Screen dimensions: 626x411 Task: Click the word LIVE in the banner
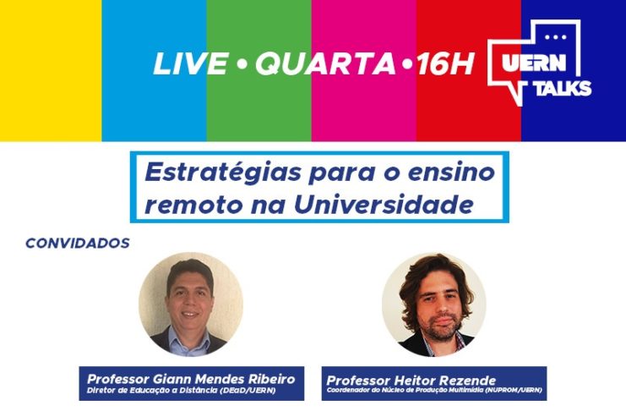191,63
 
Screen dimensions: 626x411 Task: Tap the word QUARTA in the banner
325,64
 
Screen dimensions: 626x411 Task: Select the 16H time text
444,63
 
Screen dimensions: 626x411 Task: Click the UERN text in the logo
534,62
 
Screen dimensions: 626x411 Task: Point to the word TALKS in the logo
563,88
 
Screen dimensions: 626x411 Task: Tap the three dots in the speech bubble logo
556,37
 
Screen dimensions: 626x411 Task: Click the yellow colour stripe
51,70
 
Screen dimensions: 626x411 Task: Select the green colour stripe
259,70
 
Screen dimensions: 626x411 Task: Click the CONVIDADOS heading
78,243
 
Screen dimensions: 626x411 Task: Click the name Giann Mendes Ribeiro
225,379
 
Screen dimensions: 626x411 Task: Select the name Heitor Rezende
444,381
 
